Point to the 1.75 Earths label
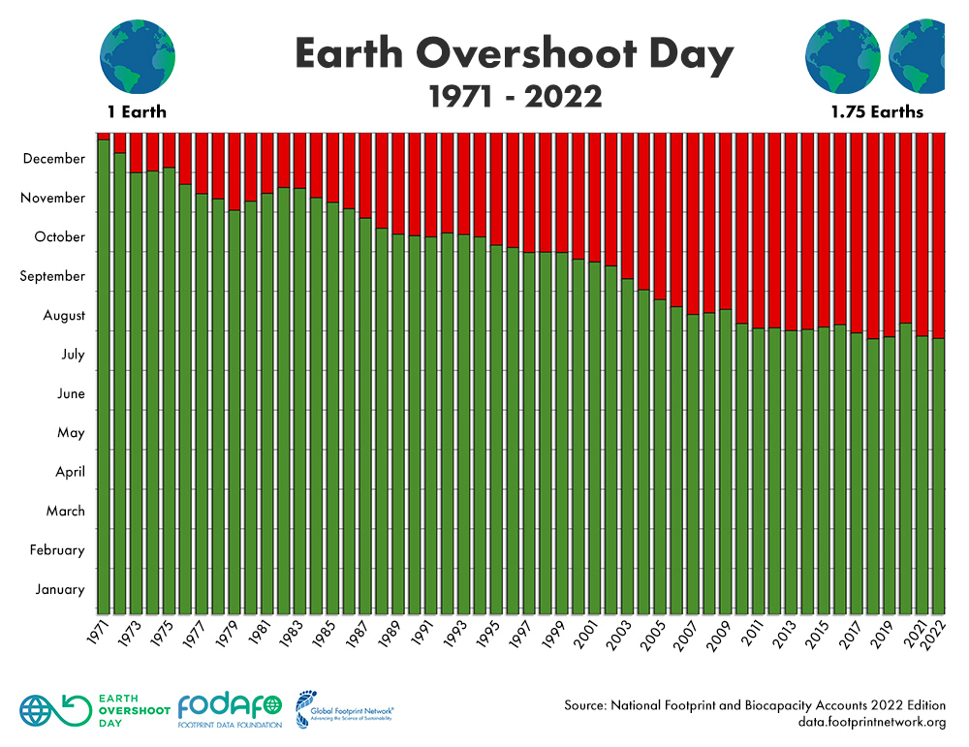[x=876, y=112]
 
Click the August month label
[x=64, y=315]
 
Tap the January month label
[x=60, y=589]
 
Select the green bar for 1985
[x=332, y=407]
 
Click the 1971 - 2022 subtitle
[x=515, y=97]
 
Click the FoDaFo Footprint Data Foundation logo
[x=230, y=710]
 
